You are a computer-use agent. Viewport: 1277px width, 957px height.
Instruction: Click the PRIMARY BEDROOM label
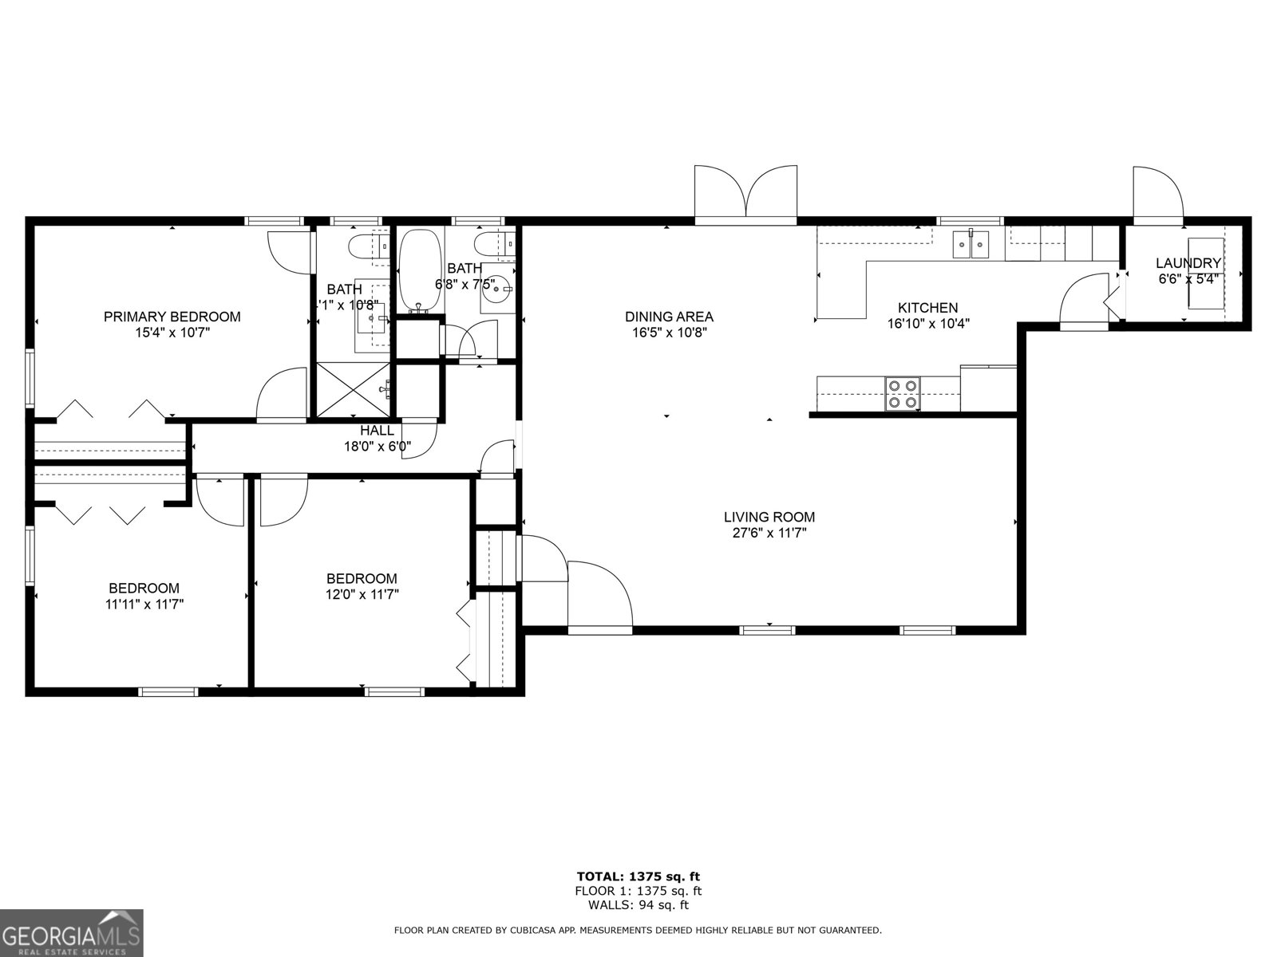(x=172, y=317)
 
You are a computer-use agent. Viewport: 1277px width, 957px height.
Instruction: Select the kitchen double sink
(x=971, y=244)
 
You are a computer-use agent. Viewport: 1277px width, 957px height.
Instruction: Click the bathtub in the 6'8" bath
(x=420, y=270)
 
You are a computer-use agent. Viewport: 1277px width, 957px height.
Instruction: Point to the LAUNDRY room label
(x=1188, y=263)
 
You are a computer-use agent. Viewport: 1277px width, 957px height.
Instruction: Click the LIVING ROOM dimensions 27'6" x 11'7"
(x=769, y=534)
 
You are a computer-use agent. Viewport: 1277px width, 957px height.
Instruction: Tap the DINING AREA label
(x=669, y=317)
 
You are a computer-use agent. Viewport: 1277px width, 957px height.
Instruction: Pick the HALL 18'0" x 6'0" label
(x=377, y=439)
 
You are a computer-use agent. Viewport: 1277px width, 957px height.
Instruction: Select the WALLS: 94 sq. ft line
(x=638, y=905)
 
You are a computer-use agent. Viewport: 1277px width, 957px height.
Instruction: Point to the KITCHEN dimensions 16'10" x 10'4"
(x=928, y=324)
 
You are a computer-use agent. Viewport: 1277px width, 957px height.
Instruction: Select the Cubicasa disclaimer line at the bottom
(x=638, y=931)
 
